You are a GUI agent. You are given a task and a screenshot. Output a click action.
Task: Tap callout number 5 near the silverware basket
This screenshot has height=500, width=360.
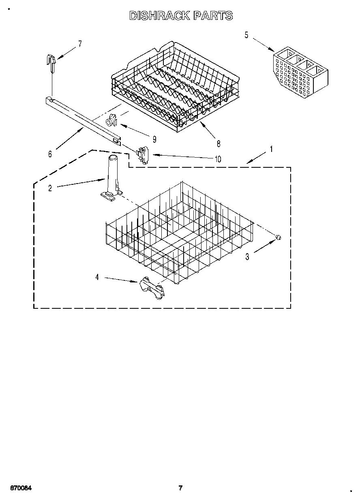tap(246, 35)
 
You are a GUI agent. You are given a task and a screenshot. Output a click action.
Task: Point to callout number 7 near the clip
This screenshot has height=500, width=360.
tap(80, 44)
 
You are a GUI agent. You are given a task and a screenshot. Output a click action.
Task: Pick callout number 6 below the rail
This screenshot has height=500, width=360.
tap(50, 154)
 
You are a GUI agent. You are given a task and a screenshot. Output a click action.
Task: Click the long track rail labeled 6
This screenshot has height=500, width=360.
tap(83, 120)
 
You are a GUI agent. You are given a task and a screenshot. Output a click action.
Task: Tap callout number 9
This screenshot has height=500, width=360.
tap(154, 139)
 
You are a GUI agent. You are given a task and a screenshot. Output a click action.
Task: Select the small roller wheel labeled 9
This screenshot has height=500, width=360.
tap(111, 120)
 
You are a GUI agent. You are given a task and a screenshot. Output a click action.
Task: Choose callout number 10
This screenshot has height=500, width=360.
tap(218, 159)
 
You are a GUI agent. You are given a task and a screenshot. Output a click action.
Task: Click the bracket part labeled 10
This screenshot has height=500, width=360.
tap(142, 155)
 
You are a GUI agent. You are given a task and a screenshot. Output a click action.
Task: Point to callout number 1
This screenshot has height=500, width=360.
tap(271, 149)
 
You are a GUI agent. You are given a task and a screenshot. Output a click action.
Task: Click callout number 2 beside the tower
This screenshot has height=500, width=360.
tap(50, 188)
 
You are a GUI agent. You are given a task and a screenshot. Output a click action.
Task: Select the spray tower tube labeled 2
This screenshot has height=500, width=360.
tap(112, 176)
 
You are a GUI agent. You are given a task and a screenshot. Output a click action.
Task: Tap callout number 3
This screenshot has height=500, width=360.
tap(247, 256)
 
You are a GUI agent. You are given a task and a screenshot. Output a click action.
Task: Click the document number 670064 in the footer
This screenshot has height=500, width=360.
tap(20, 488)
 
